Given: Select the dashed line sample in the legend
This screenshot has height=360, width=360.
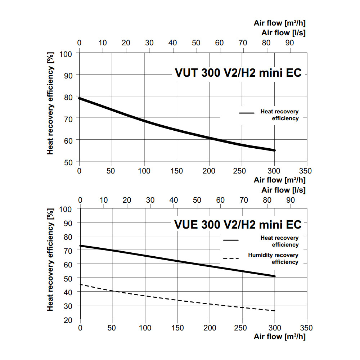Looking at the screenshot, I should (231, 258).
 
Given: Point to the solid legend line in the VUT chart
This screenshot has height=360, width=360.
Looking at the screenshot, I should (247, 113).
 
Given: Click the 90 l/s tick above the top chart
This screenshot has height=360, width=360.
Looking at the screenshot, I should (289, 43).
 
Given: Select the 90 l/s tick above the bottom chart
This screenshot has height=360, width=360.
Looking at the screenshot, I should (289, 200).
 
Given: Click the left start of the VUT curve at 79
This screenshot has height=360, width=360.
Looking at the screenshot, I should (80, 98).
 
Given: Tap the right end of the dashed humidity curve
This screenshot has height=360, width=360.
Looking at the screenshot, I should (274, 311).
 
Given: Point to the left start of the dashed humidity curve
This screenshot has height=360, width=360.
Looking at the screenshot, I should (80, 284).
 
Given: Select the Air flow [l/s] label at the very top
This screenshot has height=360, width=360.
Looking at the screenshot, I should (283, 32).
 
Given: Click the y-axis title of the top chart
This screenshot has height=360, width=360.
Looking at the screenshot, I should (50, 103).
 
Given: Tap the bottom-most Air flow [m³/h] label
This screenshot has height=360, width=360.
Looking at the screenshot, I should (280, 337).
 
